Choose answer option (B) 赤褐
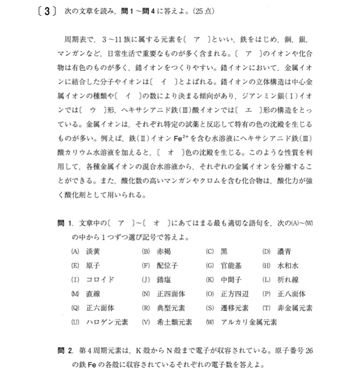153,252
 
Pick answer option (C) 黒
216,252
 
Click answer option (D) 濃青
277,252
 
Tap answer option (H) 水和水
280,266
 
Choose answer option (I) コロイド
93,280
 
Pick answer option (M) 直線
85,294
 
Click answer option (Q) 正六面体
93,308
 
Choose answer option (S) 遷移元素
224,308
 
